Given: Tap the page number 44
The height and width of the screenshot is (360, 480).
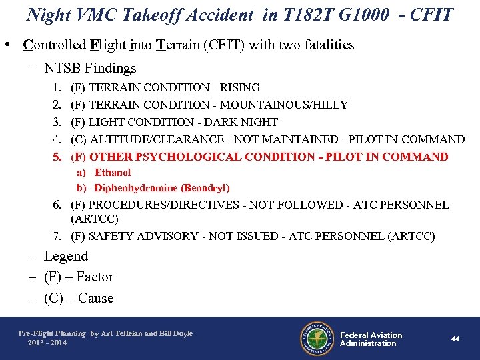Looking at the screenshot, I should click(455, 339).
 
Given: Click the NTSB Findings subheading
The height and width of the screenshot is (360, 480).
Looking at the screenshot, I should click(90, 68).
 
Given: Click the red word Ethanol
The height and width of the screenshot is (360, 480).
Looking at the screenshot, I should click(113, 173).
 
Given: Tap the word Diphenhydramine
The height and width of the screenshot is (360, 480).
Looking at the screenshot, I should click(136, 188).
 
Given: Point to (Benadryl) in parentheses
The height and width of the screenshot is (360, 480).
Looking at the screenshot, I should click(205, 188).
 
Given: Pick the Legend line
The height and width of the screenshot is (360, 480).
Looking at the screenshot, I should click(66, 256).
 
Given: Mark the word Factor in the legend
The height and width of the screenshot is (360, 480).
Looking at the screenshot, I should click(95, 277).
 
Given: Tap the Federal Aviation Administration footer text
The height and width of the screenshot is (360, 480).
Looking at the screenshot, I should click(371, 339).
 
